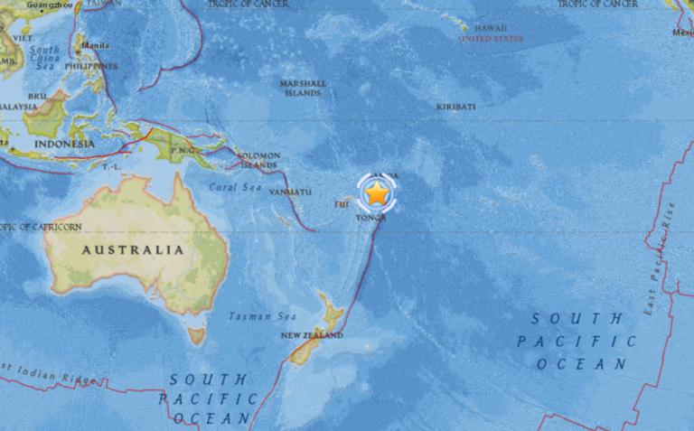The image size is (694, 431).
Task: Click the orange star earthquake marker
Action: tap(375, 192)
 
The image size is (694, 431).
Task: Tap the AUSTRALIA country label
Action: tap(133, 249)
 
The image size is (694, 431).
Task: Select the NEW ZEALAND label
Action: tap(312, 336)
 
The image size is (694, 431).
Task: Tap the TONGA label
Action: tap(373, 218)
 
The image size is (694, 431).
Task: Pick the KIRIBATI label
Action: tap(455, 107)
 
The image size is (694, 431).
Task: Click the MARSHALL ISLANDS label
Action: tap(303, 89)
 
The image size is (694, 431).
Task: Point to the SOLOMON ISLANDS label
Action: tap(258, 161)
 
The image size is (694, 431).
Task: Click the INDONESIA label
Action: tap(62, 144)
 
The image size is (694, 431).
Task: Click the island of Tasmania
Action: tap(195, 335)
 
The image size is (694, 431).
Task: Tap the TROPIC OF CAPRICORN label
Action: tap(27, 226)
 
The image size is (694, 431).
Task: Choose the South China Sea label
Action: tap(42, 57)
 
